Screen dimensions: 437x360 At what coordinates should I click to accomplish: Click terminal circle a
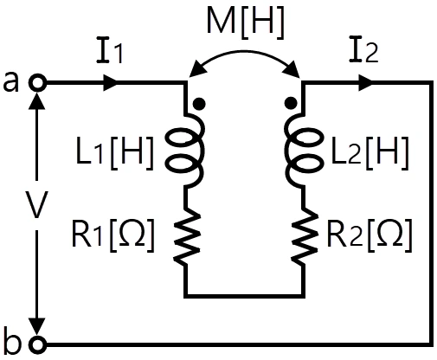37,83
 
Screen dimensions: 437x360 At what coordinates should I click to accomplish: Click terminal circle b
37,344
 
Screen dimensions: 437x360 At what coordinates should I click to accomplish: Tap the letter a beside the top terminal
11,82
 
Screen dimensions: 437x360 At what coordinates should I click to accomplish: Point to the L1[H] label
114,152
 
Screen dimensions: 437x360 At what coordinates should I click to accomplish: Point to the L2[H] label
370,152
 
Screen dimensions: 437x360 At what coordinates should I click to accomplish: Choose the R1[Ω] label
112,236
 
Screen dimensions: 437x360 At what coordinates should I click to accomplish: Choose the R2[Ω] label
370,236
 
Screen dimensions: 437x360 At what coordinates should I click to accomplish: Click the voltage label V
36,204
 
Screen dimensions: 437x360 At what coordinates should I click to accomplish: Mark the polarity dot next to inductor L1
199,104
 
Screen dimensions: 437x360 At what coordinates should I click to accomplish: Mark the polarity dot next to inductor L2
291,103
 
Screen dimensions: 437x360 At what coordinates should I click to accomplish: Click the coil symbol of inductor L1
186,151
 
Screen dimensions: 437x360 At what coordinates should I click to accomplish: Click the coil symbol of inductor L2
302,151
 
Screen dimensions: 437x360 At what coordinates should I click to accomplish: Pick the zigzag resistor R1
186,236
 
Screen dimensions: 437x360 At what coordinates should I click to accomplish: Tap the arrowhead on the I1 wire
110,83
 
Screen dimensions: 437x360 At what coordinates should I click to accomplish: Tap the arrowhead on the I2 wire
366,83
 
